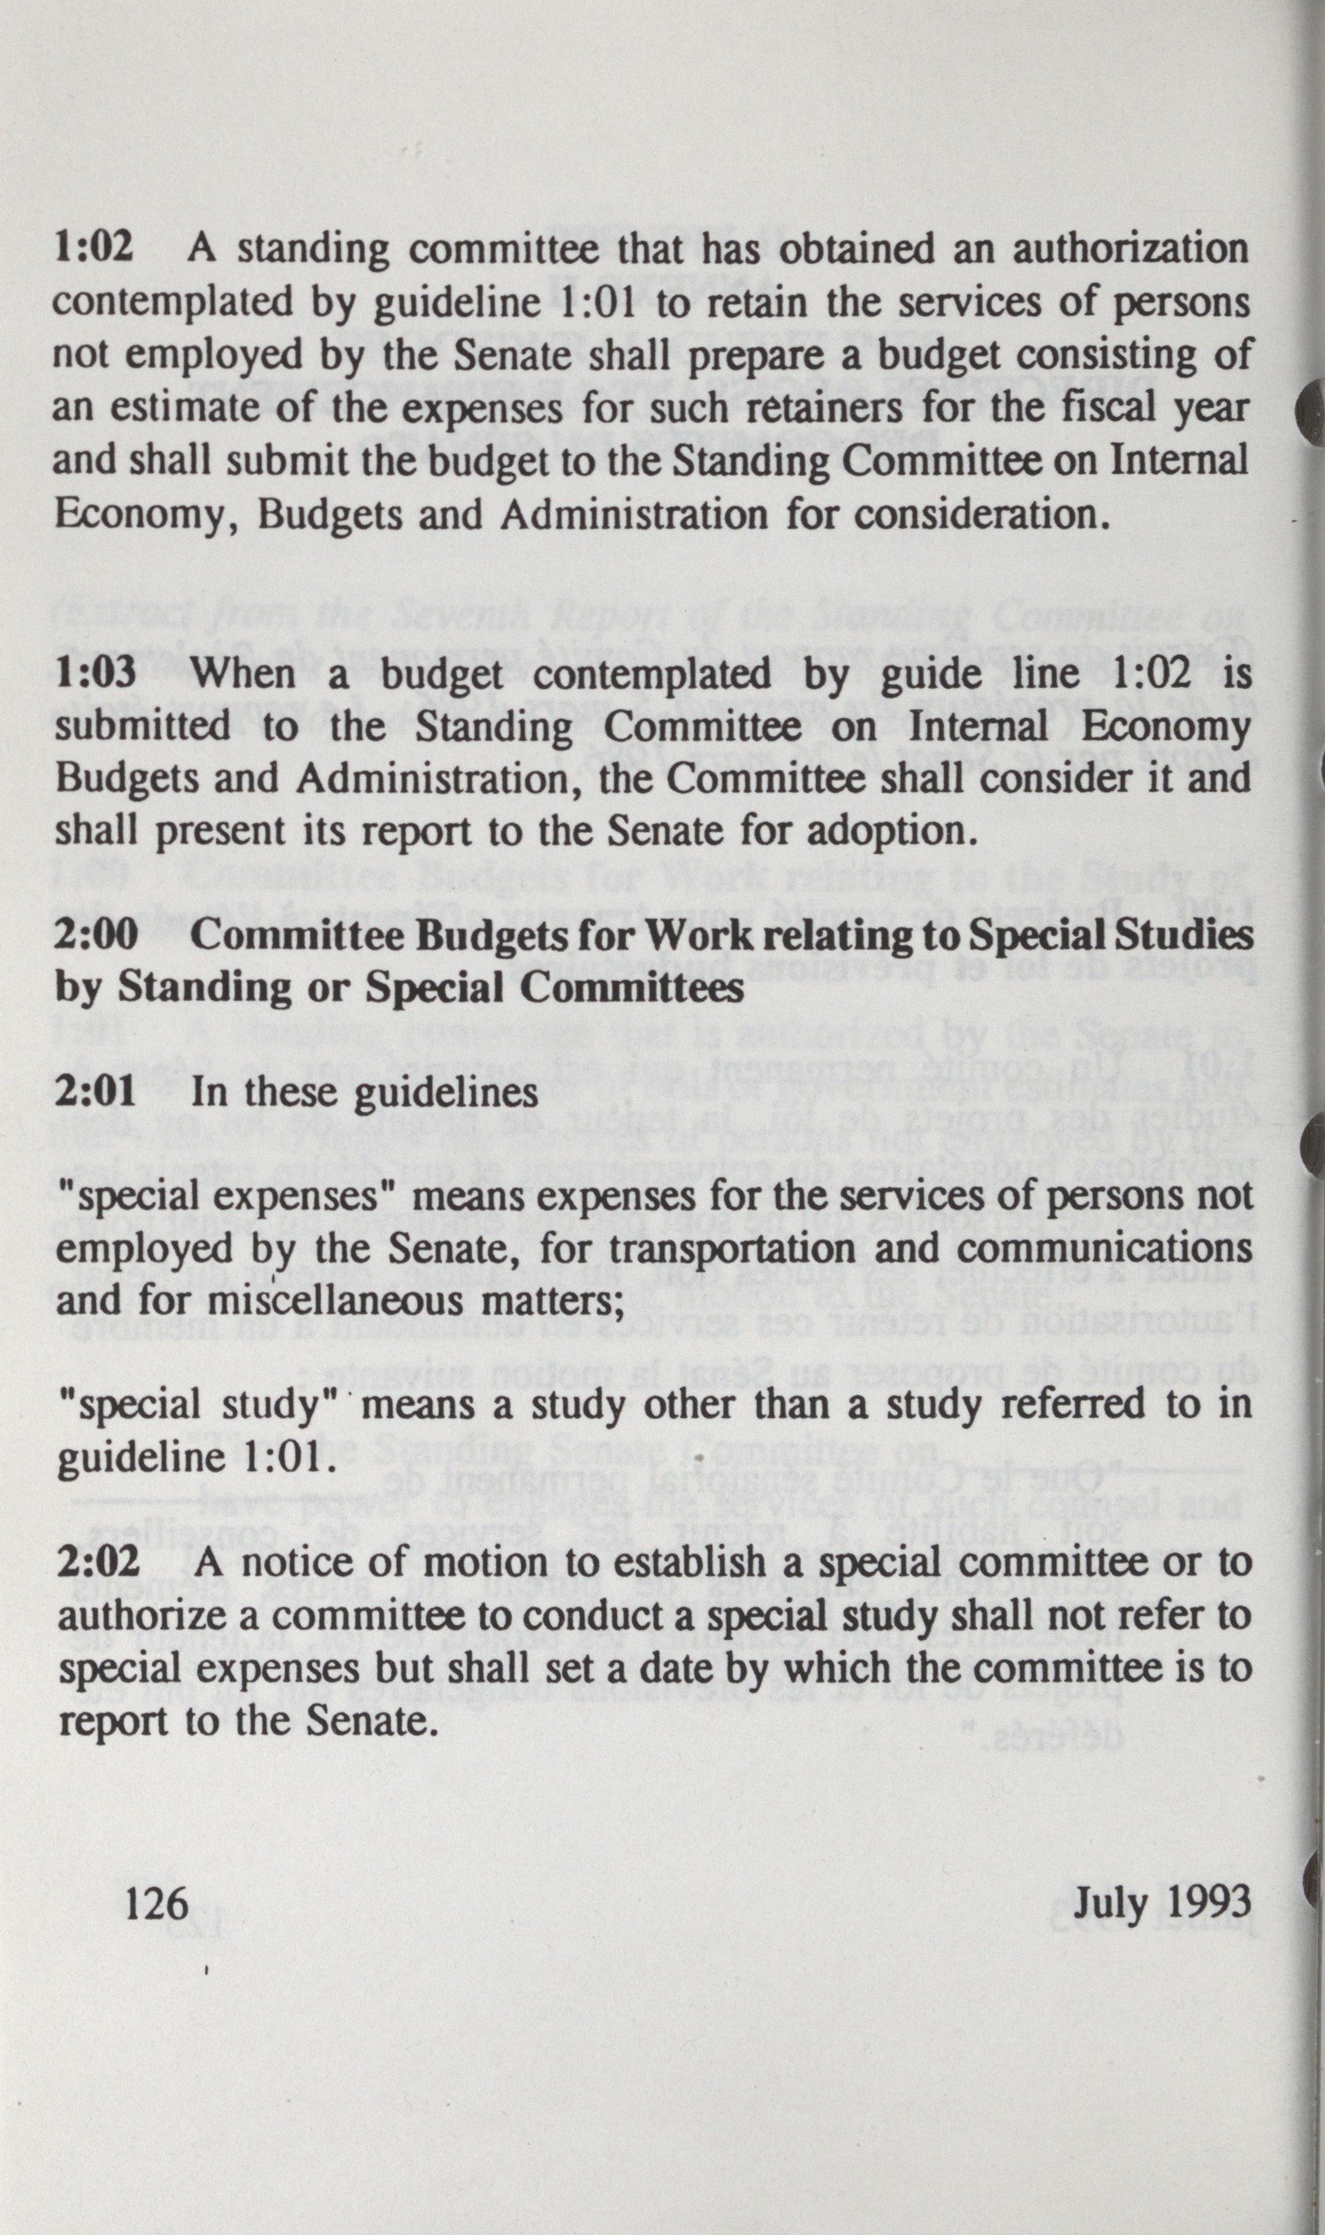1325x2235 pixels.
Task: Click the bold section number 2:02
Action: point(98,1562)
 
